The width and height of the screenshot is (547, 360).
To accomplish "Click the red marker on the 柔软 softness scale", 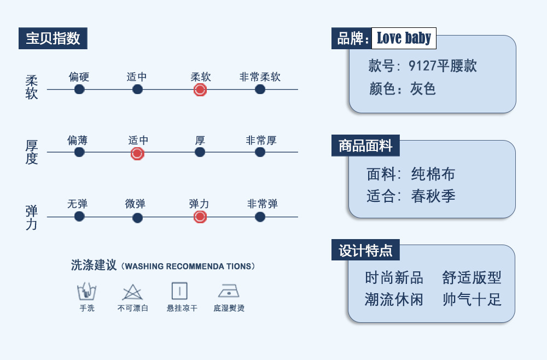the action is pyautogui.click(x=200, y=90).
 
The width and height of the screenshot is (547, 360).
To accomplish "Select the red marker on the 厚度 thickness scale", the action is pyautogui.click(x=137, y=154).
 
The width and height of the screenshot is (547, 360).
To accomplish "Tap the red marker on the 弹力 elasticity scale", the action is pyautogui.click(x=200, y=217).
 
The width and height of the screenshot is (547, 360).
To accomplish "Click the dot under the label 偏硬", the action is pyautogui.click(x=79, y=89).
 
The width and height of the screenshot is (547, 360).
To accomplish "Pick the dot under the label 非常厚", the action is pyautogui.click(x=260, y=152).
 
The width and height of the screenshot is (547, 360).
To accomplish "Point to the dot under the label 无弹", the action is pyautogui.click(x=79, y=216).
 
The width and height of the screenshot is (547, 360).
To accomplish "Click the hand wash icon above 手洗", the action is pyautogui.click(x=86, y=292).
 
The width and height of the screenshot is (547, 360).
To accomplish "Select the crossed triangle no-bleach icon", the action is pyautogui.click(x=132, y=292).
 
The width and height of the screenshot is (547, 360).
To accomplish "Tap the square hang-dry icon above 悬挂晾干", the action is pyautogui.click(x=179, y=291).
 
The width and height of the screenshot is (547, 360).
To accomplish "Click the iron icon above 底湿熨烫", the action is pyautogui.click(x=229, y=291).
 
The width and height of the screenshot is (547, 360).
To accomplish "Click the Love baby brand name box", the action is pyautogui.click(x=404, y=38).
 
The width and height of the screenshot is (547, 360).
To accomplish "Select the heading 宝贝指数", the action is pyautogui.click(x=53, y=38).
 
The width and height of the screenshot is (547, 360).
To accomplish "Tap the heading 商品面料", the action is pyautogui.click(x=365, y=146).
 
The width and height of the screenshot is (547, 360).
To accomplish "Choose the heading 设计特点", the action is pyautogui.click(x=365, y=250).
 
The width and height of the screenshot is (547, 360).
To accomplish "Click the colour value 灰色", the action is pyautogui.click(x=423, y=89).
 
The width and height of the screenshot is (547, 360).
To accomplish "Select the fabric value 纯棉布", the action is pyautogui.click(x=433, y=174).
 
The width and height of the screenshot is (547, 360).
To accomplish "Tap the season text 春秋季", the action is pyautogui.click(x=433, y=196).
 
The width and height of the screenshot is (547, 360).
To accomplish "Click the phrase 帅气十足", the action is pyautogui.click(x=472, y=299).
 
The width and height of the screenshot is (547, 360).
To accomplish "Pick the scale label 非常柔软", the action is pyautogui.click(x=260, y=77).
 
